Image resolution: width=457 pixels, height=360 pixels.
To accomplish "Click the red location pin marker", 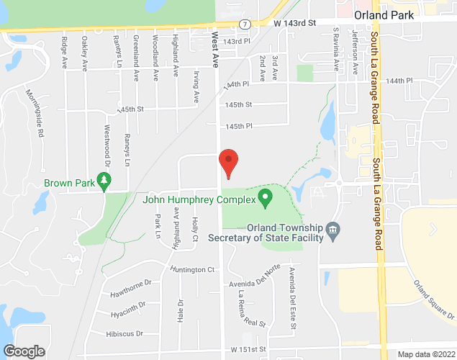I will (228, 163).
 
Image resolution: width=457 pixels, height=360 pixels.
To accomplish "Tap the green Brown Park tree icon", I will (104, 183).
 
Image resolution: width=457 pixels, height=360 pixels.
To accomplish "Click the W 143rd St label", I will (295, 24).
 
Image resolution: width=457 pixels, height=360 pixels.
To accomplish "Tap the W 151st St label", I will (249, 349).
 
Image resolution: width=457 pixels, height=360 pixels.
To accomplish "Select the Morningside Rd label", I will (35, 114).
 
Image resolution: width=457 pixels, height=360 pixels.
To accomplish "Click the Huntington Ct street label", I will (193, 270).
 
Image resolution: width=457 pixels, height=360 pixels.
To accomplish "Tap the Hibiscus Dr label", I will (124, 334).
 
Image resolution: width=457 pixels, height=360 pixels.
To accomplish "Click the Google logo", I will (23, 351).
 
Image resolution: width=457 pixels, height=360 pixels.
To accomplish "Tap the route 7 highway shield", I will (245, 24).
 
